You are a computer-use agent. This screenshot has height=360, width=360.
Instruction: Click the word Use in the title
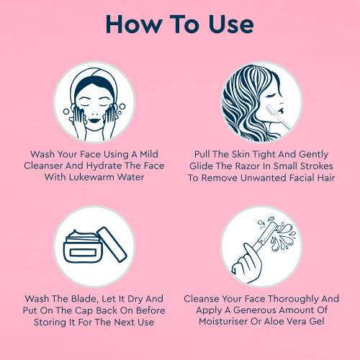[x=231, y=24]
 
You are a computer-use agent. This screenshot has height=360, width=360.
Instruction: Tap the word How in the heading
[x=134, y=24]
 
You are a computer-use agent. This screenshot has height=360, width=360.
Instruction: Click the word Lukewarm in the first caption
[x=91, y=177]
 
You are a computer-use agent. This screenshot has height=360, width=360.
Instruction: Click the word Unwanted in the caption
[x=263, y=178]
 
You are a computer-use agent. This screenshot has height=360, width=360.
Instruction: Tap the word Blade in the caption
[x=84, y=299]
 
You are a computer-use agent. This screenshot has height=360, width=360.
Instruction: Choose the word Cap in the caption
[x=84, y=311]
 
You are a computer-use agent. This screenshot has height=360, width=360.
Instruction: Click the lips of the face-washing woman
[x=94, y=120]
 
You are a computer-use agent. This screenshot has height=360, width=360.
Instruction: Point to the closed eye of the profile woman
[x=269, y=96]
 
